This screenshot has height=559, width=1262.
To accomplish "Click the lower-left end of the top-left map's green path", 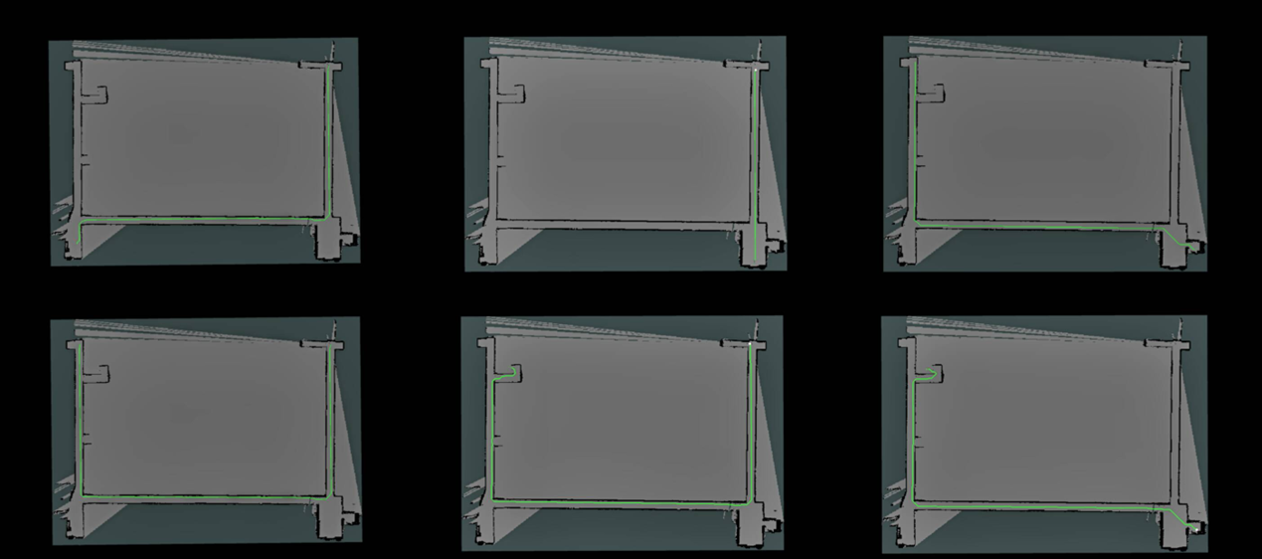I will [x=79, y=242].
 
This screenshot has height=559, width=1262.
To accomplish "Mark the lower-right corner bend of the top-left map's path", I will [x=327, y=218].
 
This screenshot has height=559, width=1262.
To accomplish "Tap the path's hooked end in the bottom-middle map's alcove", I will [x=515, y=370].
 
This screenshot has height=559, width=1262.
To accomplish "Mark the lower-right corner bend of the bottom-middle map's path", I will [x=749, y=504].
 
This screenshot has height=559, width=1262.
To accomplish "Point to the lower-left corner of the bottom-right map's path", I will [x=913, y=506].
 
